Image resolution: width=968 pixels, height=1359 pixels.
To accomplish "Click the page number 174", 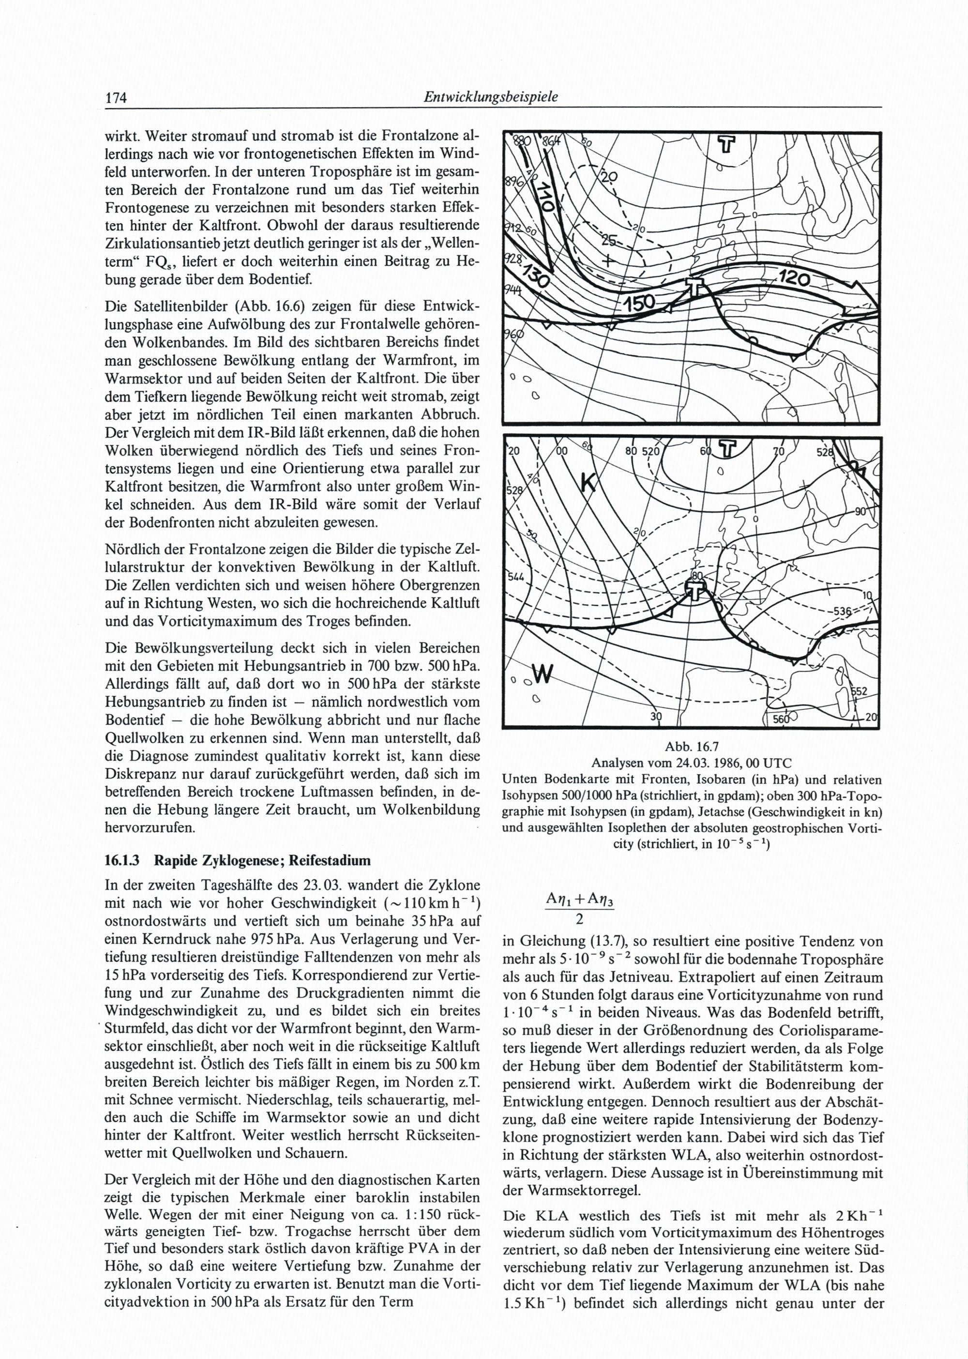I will [x=117, y=98].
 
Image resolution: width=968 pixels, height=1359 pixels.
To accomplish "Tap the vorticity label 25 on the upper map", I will [x=608, y=241].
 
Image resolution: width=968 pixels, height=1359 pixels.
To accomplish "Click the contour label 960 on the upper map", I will [x=513, y=335].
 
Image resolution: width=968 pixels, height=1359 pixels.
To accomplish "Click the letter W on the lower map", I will [x=543, y=674].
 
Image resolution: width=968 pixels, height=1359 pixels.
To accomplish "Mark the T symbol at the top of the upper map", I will [x=726, y=144].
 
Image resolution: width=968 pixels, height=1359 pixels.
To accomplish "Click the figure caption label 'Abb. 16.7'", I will [x=692, y=747].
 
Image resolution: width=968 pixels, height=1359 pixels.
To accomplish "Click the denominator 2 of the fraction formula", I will [x=578, y=920].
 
